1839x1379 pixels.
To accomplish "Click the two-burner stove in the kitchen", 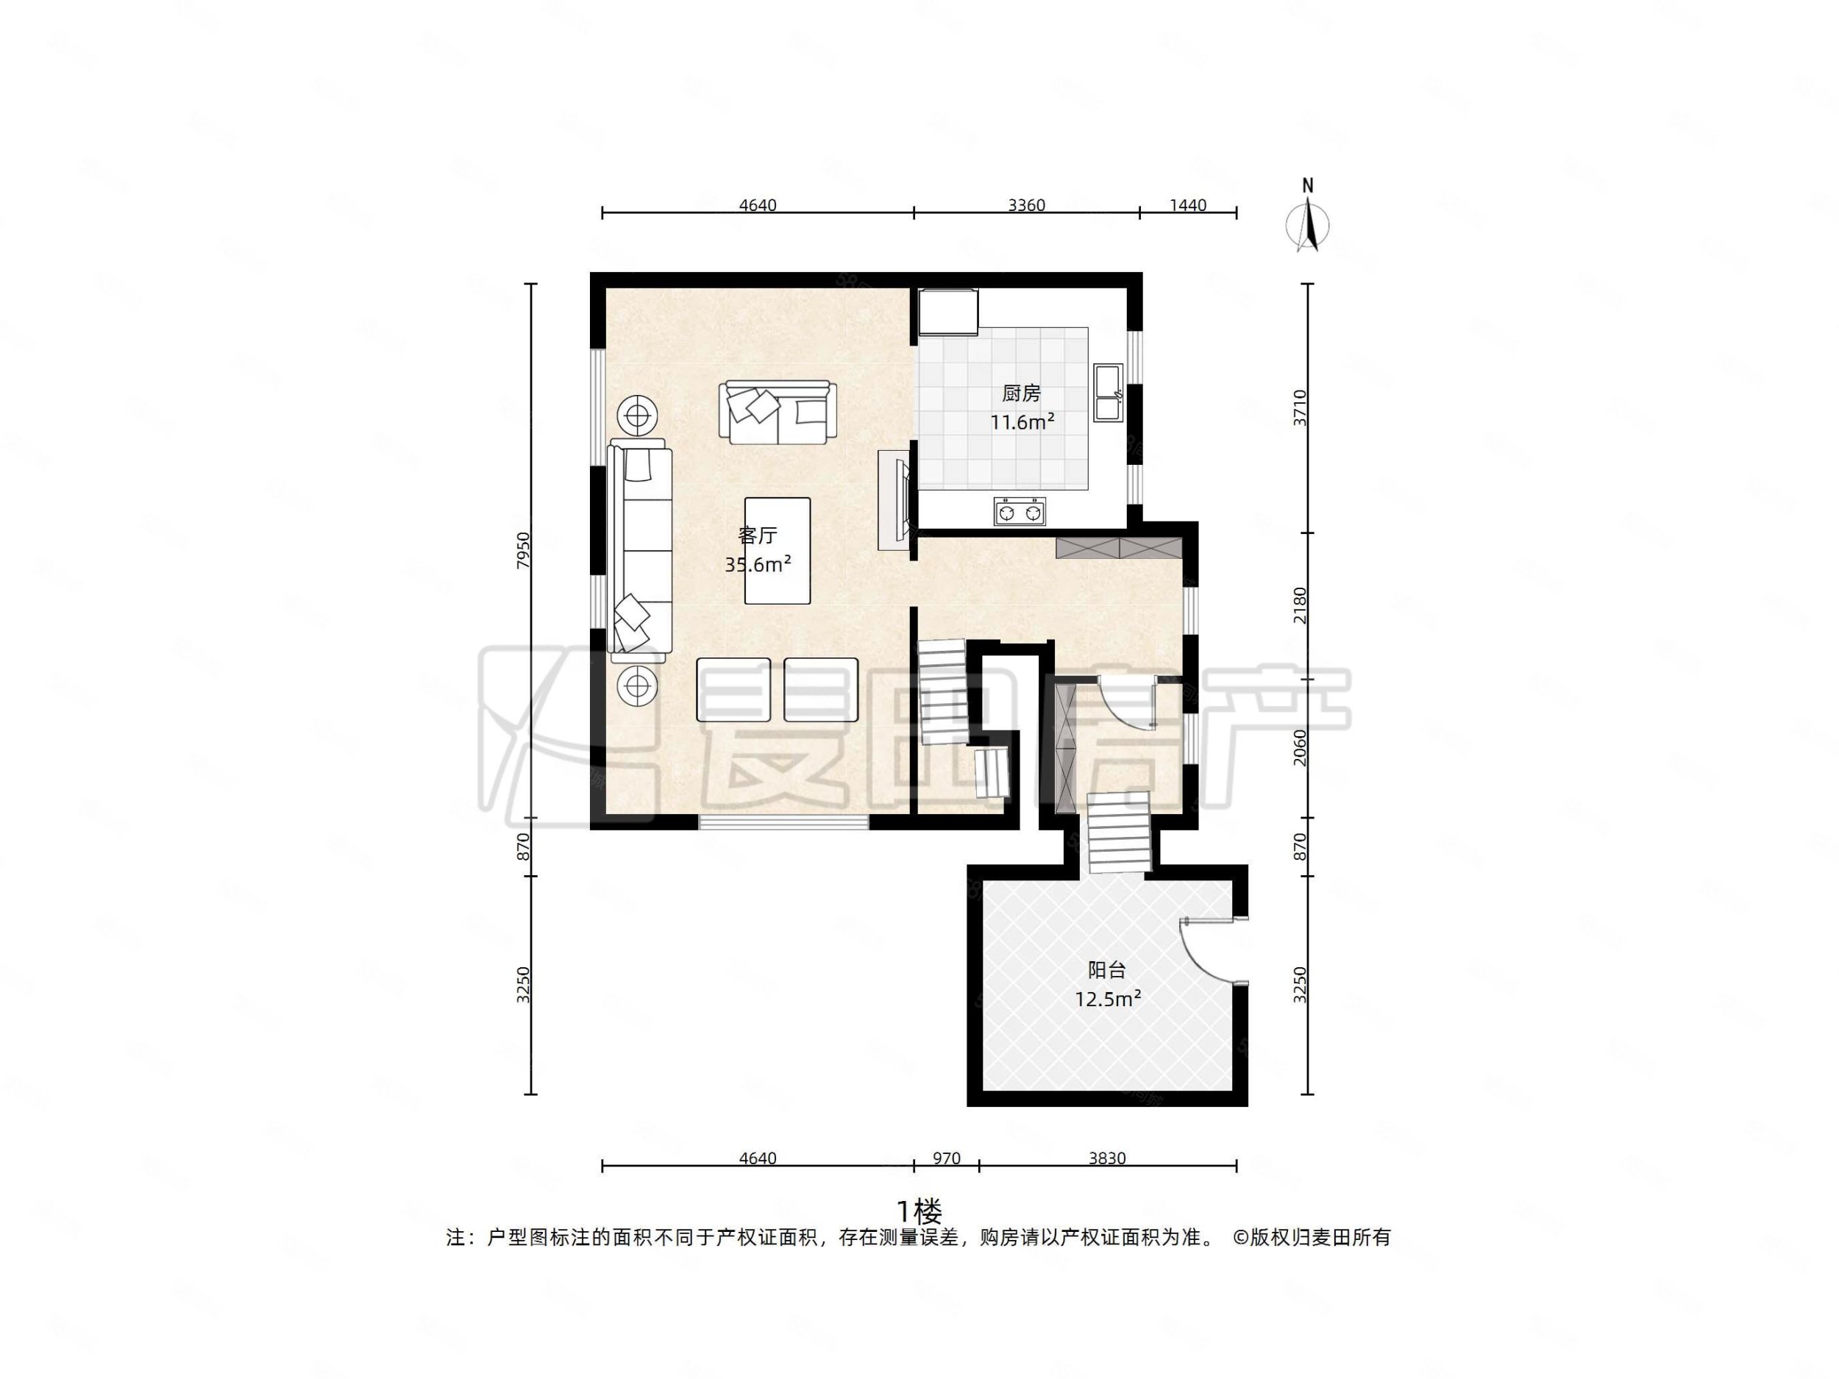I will [x=1020, y=511].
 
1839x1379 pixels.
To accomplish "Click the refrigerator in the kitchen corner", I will [x=949, y=312].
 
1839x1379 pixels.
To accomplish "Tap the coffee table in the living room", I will [x=778, y=550].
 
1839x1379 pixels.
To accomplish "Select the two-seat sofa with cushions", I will [x=778, y=413].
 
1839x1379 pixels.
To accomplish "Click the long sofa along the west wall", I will [x=640, y=549].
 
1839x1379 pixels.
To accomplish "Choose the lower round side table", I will [x=638, y=685].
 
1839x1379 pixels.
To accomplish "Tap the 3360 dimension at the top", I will [x=1026, y=205].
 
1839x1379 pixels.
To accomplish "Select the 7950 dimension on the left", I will [x=523, y=549].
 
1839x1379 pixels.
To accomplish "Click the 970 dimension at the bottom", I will [x=946, y=1158].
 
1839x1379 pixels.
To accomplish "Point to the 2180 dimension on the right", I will [x=1300, y=605].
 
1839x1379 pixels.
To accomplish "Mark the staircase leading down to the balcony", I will [x=1119, y=832].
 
